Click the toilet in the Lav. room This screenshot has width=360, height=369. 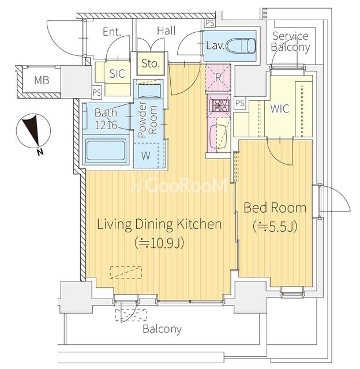241,46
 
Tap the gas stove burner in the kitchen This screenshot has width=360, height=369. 218,105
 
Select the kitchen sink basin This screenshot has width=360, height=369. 218,137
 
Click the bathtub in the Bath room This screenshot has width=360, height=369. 106,150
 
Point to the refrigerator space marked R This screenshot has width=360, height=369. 218,77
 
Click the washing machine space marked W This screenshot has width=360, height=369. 146,155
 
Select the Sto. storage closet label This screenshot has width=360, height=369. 150,63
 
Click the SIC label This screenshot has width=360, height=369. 117,74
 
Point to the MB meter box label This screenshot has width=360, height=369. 42,80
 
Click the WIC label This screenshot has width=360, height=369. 280,109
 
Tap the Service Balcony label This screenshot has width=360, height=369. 290,42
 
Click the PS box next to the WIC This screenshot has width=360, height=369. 239,103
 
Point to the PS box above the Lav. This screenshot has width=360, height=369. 209,23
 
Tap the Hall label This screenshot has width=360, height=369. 166,31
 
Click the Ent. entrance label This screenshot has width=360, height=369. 112,32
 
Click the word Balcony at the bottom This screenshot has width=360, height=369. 162,329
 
